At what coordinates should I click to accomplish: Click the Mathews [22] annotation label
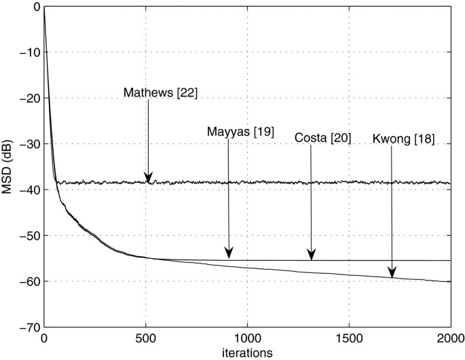coord(160,92)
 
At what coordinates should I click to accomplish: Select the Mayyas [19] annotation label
coord(240,132)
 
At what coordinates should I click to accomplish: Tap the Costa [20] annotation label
coord(322,138)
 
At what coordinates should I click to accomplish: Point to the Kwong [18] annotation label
coord(403,140)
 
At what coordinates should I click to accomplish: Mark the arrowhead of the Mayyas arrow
coord(229,254)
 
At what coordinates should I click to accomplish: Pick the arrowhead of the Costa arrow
coord(310,256)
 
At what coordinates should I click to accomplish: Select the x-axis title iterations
coord(247,353)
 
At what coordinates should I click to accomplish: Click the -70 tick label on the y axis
coord(28,327)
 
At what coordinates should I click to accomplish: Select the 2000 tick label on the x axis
coord(450,338)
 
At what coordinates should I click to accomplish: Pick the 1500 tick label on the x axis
coord(349,338)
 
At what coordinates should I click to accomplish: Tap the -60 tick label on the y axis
coord(28,281)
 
